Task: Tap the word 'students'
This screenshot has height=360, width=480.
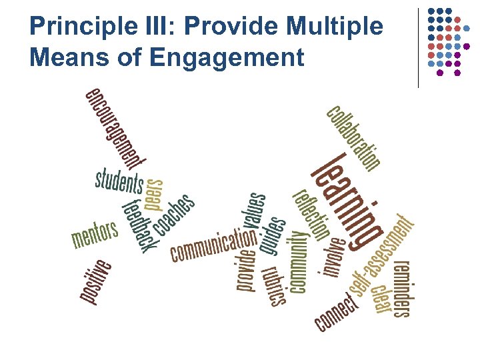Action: [x=119, y=181]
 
